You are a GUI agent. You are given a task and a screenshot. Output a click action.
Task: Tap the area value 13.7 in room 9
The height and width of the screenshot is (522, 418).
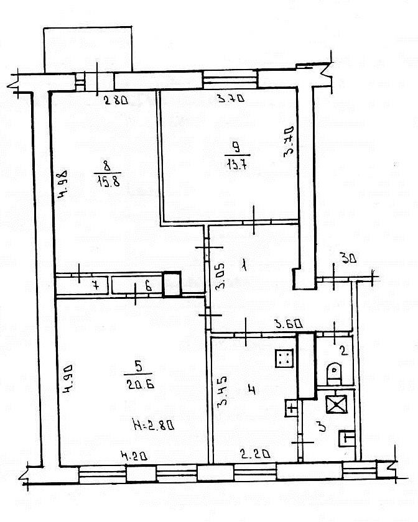(x=237, y=165)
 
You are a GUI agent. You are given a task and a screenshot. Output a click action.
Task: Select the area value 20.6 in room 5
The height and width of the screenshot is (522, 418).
(x=141, y=385)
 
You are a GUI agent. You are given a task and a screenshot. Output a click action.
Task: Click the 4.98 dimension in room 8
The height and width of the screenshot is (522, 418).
(x=62, y=185)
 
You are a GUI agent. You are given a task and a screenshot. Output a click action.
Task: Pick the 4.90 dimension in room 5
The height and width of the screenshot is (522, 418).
(x=68, y=379)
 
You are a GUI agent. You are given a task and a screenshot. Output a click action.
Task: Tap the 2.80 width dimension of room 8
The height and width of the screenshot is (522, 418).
(x=116, y=100)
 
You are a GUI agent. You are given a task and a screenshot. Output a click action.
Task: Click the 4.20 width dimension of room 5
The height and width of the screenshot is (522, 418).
(x=134, y=456)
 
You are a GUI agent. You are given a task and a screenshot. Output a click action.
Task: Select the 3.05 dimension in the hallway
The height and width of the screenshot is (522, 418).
(x=220, y=277)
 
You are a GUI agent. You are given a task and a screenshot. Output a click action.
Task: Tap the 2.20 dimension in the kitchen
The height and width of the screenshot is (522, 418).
(x=256, y=454)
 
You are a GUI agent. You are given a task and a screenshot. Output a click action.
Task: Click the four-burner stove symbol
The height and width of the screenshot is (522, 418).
(x=284, y=358)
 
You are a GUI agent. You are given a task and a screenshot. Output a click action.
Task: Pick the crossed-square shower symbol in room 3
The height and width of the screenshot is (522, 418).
(x=337, y=405)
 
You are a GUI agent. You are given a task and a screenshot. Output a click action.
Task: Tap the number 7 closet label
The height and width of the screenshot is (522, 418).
(x=96, y=286)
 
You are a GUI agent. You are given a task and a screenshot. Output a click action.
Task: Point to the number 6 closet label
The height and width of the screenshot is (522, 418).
(x=149, y=286)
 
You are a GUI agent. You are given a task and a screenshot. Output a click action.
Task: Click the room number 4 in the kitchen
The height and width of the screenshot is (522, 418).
(x=253, y=389)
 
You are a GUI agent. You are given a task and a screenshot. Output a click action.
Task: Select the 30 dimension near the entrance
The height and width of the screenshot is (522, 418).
(x=348, y=258)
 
